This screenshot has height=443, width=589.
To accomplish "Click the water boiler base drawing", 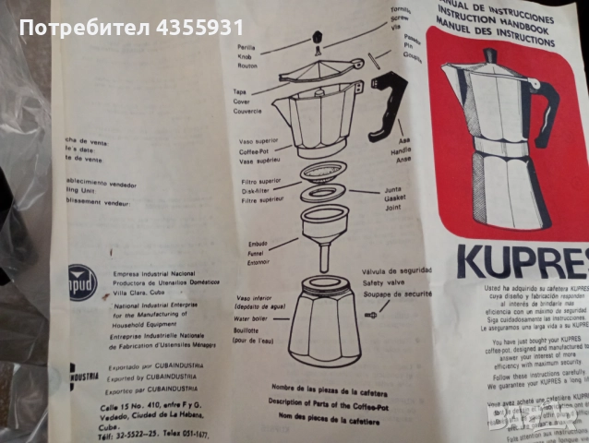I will [x=324, y=318].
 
